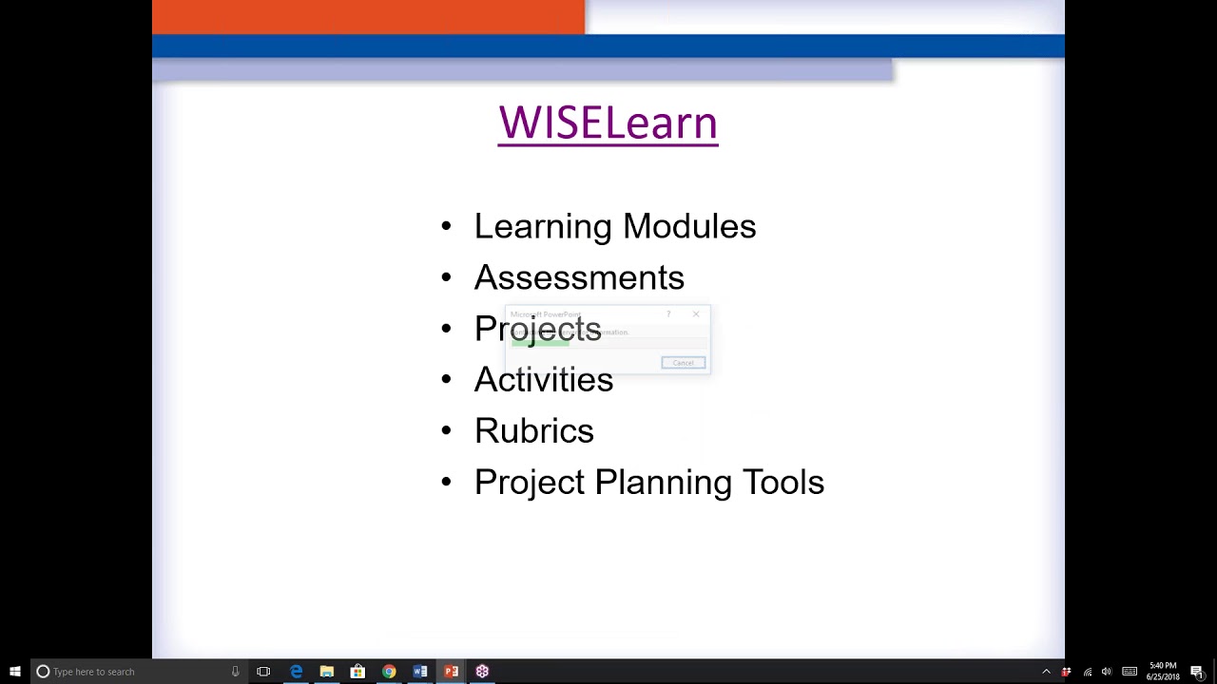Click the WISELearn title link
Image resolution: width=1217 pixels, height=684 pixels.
(608, 123)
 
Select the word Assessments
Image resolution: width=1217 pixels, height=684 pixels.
(579, 278)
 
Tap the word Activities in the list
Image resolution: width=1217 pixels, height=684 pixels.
(544, 380)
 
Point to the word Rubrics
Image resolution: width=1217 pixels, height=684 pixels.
(534, 431)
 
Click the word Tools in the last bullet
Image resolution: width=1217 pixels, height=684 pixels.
(782, 483)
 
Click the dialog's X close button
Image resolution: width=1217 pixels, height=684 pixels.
(696, 314)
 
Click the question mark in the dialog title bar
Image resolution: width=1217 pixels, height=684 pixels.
(668, 314)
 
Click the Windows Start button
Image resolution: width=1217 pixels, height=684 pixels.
(14, 672)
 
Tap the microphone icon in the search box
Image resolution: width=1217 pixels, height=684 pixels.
(235, 672)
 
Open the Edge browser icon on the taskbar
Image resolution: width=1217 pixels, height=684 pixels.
(296, 672)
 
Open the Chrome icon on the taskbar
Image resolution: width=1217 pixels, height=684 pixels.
(389, 672)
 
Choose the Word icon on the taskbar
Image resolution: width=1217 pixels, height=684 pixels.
(419, 672)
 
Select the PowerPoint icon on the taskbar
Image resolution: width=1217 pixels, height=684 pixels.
(451, 672)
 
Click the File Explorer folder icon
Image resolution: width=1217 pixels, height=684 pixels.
(326, 672)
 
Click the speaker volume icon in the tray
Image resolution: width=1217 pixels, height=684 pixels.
(1107, 672)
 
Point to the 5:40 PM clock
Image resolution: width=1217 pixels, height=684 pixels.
(1163, 666)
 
